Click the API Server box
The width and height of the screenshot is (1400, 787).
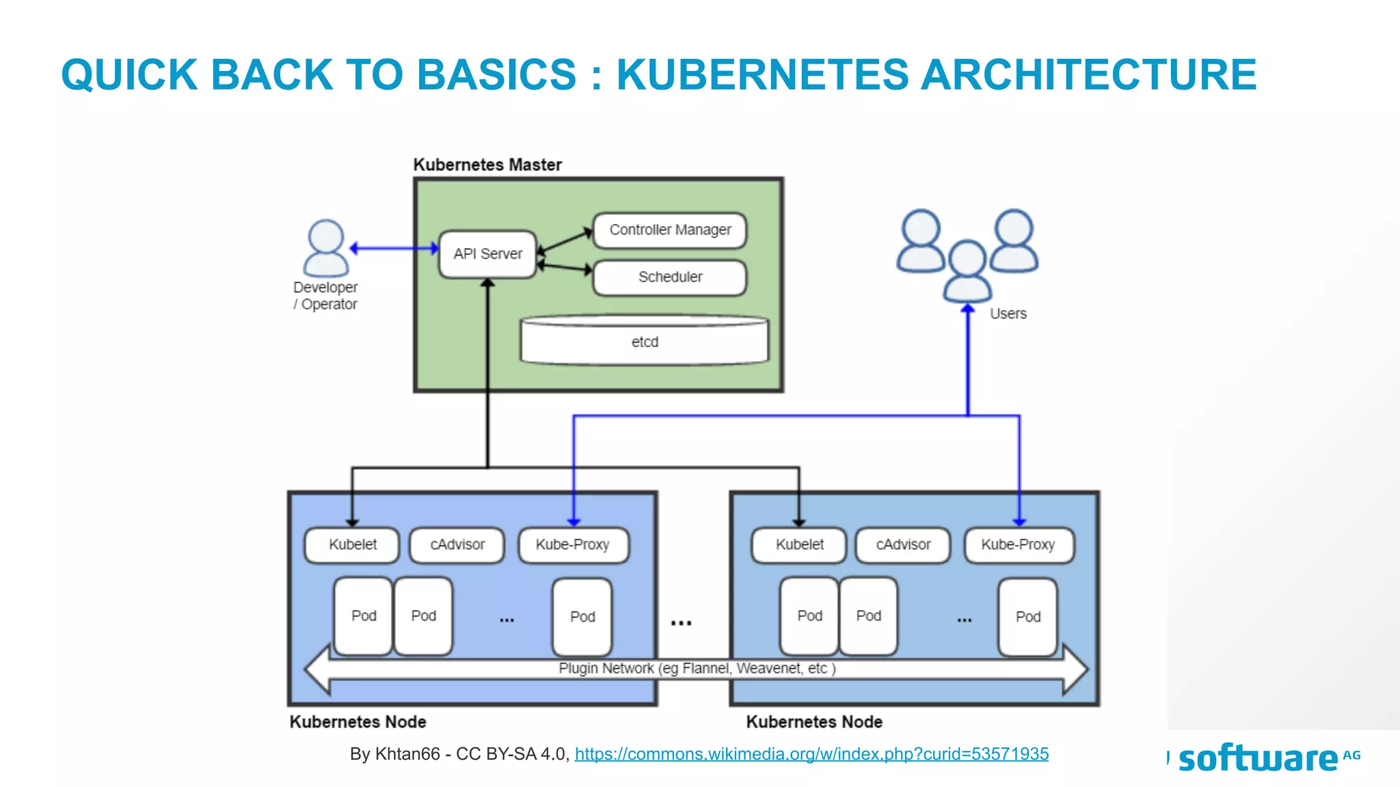click(x=487, y=254)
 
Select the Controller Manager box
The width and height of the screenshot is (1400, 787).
click(x=670, y=230)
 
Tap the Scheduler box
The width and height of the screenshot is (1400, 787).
click(x=670, y=277)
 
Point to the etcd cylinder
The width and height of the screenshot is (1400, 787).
click(x=645, y=340)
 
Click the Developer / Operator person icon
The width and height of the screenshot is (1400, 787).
click(x=326, y=248)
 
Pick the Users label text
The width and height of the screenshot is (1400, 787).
click(x=1008, y=314)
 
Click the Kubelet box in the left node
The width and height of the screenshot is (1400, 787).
click(x=352, y=545)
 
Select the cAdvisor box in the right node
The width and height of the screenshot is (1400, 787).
click(x=903, y=545)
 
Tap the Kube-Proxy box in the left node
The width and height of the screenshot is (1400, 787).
click(x=573, y=545)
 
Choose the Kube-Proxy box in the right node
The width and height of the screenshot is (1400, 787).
click(x=1019, y=545)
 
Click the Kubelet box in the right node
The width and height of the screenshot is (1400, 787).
click(x=799, y=545)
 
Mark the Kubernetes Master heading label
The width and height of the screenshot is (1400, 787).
click(x=487, y=165)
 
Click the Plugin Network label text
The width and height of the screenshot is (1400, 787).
click(x=697, y=668)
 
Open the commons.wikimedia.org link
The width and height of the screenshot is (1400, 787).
click(x=811, y=754)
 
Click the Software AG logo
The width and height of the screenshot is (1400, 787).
click(x=1265, y=758)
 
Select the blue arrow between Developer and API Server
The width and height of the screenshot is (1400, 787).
click(x=394, y=248)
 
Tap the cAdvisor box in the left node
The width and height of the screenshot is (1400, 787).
click(x=457, y=545)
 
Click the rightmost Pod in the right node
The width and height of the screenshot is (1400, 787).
click(x=1027, y=617)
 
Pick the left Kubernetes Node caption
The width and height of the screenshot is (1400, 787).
click(x=358, y=722)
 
